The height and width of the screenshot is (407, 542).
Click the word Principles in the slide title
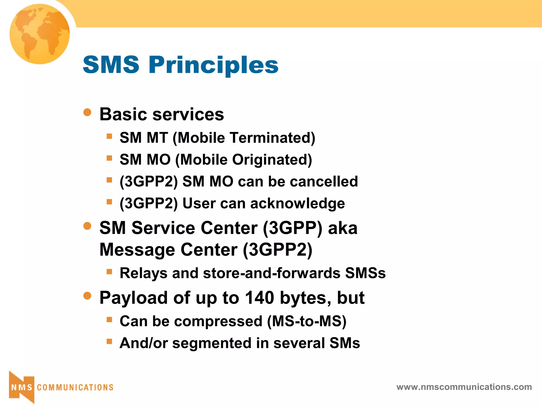pos(213,65)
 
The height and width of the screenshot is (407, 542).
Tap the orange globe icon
pos(40,34)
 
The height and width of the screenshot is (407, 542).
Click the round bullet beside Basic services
pos(87,112)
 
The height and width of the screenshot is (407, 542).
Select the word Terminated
pos(272,138)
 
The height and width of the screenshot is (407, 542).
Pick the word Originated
pos(272,160)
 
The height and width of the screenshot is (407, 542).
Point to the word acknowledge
pos(297,203)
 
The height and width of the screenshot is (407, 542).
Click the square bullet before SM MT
pos(109,136)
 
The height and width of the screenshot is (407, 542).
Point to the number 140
pos(259,298)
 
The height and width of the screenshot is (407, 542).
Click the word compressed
pos(218,321)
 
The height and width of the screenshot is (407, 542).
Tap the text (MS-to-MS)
pos(307,321)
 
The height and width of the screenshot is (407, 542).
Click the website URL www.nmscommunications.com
pos(464,387)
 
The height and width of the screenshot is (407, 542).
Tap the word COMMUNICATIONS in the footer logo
pos(75,387)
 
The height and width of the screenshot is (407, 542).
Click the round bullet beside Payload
pos(87,296)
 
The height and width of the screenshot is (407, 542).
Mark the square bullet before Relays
pos(109,271)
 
